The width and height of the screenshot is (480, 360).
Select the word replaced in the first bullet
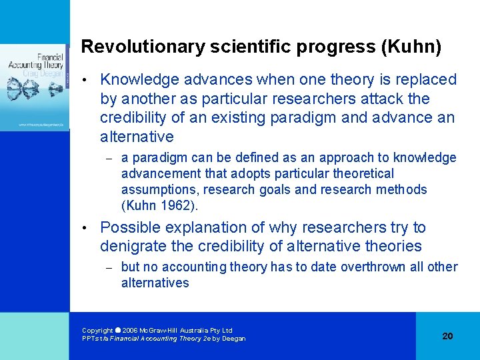tap(424, 80)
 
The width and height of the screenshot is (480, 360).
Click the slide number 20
tap(447, 336)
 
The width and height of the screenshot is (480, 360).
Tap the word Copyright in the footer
tap(97, 331)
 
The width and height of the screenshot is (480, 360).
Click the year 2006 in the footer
tap(130, 331)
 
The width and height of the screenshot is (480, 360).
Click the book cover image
tap(35, 87)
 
